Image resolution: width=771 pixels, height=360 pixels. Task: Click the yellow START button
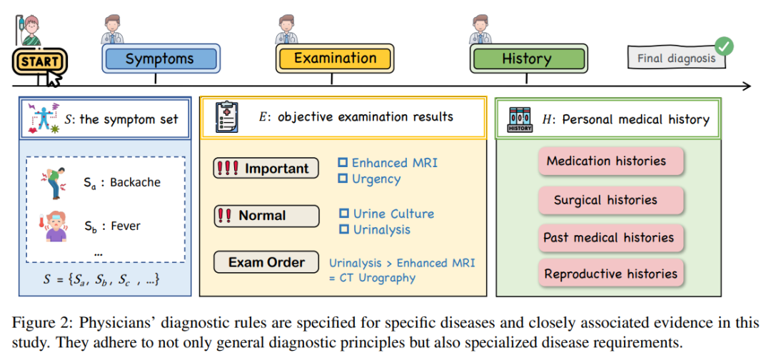[39, 62]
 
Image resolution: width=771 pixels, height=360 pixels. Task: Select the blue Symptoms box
[159, 59]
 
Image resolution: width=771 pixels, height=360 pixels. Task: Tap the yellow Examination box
[335, 59]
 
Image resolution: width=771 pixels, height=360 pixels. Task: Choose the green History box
[527, 59]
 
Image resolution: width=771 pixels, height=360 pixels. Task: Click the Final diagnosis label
[675, 59]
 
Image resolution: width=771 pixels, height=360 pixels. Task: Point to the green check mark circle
[724, 46]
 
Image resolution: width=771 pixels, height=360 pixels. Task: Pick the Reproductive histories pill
[610, 274]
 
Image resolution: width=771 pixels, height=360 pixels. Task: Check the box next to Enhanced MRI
[343, 163]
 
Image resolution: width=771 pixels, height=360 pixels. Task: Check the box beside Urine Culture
[343, 214]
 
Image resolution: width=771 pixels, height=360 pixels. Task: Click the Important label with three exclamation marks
[266, 169]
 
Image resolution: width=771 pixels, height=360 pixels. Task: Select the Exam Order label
[266, 262]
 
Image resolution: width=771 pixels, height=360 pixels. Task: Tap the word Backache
[136, 182]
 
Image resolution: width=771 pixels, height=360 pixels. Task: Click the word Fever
[126, 226]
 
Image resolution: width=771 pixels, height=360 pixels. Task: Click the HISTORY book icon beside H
[520, 119]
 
